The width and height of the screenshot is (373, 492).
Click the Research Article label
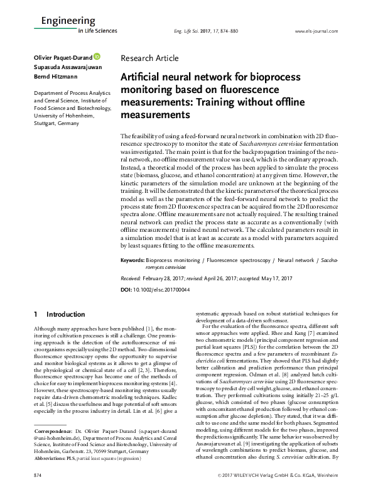149,58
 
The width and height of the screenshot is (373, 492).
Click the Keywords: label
134,259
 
